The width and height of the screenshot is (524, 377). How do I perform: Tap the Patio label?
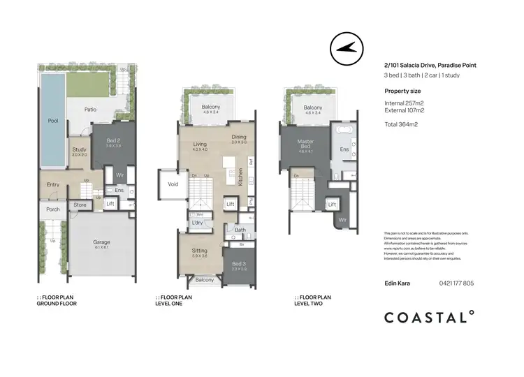[91, 110]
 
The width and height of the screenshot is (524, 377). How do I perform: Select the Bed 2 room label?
[112, 142]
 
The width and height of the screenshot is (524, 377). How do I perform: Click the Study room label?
[79, 149]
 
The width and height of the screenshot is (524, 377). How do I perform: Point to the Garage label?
[102, 243]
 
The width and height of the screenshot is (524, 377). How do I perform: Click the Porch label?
[52, 209]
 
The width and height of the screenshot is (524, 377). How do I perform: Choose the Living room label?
[200, 145]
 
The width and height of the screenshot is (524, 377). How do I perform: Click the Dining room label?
[240, 137]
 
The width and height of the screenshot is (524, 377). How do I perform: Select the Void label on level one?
[172, 185]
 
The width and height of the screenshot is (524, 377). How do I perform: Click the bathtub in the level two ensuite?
[344, 131]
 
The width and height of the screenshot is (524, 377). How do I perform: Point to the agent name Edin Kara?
[398, 283]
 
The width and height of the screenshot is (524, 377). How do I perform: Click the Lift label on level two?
[333, 205]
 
